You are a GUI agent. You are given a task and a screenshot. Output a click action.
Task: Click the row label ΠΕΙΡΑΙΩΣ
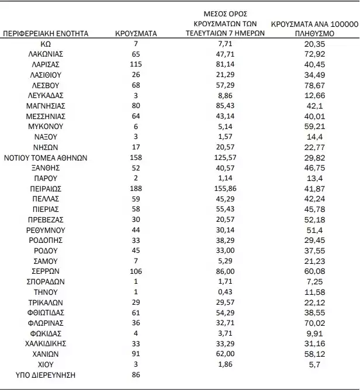click(46, 189)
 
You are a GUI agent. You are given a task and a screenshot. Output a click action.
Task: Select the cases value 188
click(136, 189)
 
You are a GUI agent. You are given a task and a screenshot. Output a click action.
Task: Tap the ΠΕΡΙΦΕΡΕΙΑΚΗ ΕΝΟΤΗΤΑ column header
click(46, 34)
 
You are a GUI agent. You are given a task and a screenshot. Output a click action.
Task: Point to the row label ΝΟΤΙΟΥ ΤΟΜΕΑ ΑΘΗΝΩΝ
click(46, 158)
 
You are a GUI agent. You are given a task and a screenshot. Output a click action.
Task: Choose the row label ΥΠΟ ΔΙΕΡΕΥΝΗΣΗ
click(46, 374)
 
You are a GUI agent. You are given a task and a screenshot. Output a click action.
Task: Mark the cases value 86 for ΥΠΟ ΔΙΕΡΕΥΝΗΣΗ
click(136, 374)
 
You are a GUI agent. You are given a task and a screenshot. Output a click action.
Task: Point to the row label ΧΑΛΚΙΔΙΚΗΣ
click(46, 343)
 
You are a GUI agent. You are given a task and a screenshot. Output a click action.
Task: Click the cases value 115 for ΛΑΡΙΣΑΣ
click(136, 65)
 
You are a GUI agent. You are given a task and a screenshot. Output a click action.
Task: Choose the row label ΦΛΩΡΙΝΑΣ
click(46, 322)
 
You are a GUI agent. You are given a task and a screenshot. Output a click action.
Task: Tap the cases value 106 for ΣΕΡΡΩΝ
click(136, 271)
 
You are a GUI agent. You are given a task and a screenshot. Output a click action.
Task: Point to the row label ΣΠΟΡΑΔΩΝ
click(46, 281)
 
